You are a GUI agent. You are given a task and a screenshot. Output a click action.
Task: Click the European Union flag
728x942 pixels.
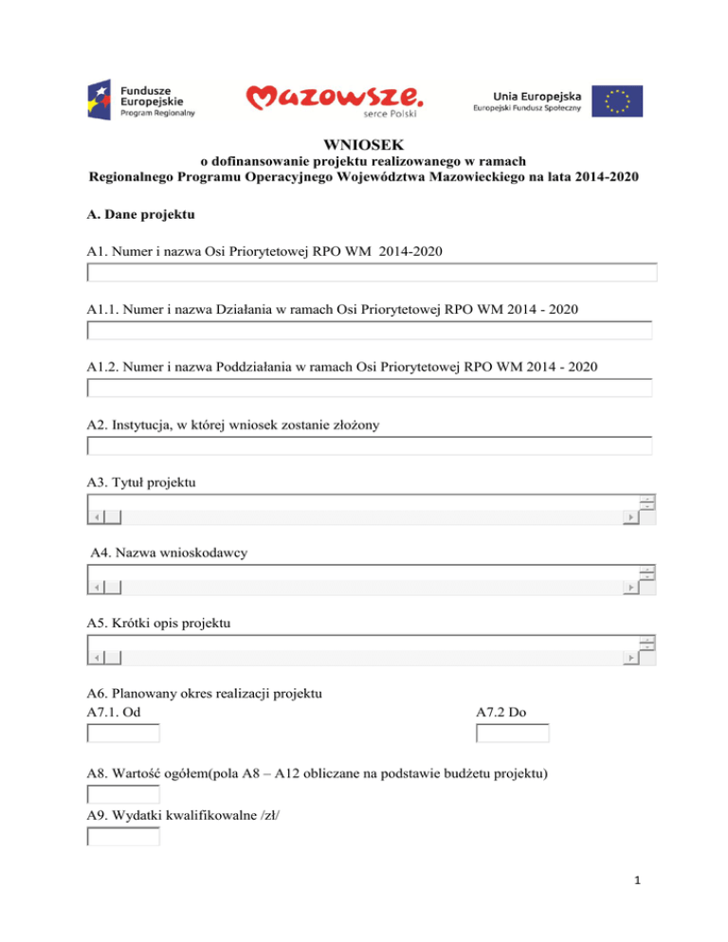point(617,99)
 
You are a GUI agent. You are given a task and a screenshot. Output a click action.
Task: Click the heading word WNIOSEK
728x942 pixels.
point(363,146)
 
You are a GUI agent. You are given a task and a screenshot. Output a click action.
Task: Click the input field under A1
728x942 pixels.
point(372,273)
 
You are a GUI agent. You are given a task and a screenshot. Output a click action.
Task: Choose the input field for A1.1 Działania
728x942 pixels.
point(370,331)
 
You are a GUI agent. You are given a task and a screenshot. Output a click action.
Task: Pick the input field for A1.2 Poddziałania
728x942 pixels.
point(370,389)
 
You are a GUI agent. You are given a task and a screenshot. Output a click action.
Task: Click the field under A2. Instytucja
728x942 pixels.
point(370,446)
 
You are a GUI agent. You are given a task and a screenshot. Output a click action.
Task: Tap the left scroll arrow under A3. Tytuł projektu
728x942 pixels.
point(95,517)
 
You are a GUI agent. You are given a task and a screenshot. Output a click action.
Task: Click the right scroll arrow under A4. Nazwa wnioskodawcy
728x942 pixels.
point(629,589)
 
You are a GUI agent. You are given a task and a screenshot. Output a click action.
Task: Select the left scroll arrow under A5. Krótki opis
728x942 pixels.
point(95,659)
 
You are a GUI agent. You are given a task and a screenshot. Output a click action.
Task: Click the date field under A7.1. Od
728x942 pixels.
point(123,734)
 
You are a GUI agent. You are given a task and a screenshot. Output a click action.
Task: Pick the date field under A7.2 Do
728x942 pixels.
point(513,734)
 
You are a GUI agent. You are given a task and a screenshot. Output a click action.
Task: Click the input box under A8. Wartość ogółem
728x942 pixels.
point(123,794)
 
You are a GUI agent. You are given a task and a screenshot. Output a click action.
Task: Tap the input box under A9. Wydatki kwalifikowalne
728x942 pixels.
point(123,836)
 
